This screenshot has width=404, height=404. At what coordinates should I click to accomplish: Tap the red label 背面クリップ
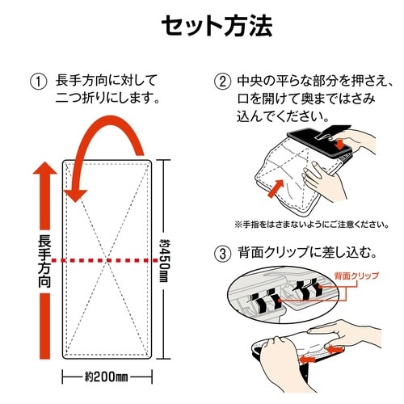pyautogui.click(x=357, y=277)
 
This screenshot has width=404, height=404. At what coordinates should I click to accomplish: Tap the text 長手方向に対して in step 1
pyautogui.click(x=105, y=82)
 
